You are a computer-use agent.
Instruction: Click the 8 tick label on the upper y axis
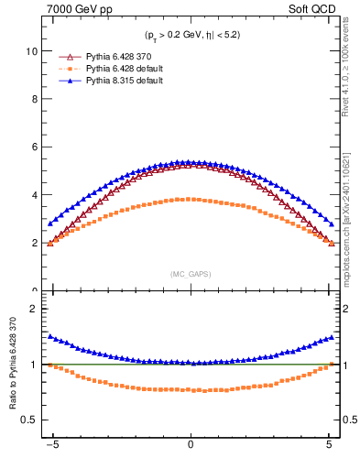35,100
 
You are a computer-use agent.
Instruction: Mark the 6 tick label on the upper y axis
35,147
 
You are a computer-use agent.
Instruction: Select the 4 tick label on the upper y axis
35,195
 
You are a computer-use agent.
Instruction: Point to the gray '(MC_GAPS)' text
191,274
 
